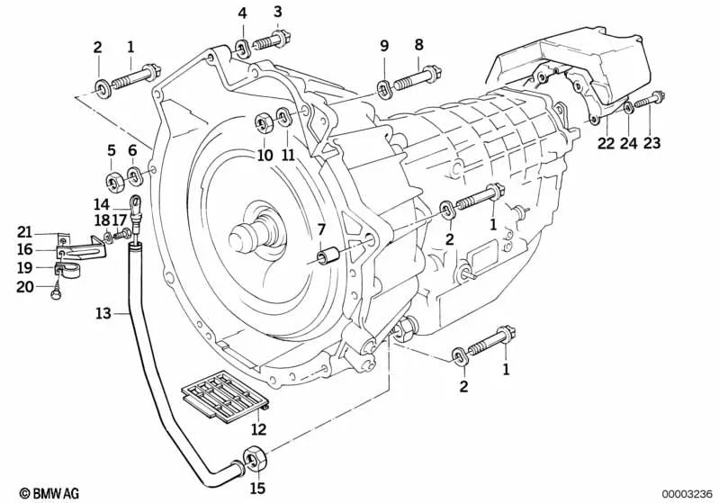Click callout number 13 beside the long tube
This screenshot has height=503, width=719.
(x=103, y=313)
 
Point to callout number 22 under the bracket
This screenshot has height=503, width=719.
(x=605, y=142)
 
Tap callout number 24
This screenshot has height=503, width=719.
(x=628, y=142)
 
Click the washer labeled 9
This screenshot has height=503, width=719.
(x=383, y=86)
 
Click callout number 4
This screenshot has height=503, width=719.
(x=242, y=13)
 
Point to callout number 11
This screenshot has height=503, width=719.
(x=288, y=155)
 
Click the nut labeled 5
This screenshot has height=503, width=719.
(x=114, y=184)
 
